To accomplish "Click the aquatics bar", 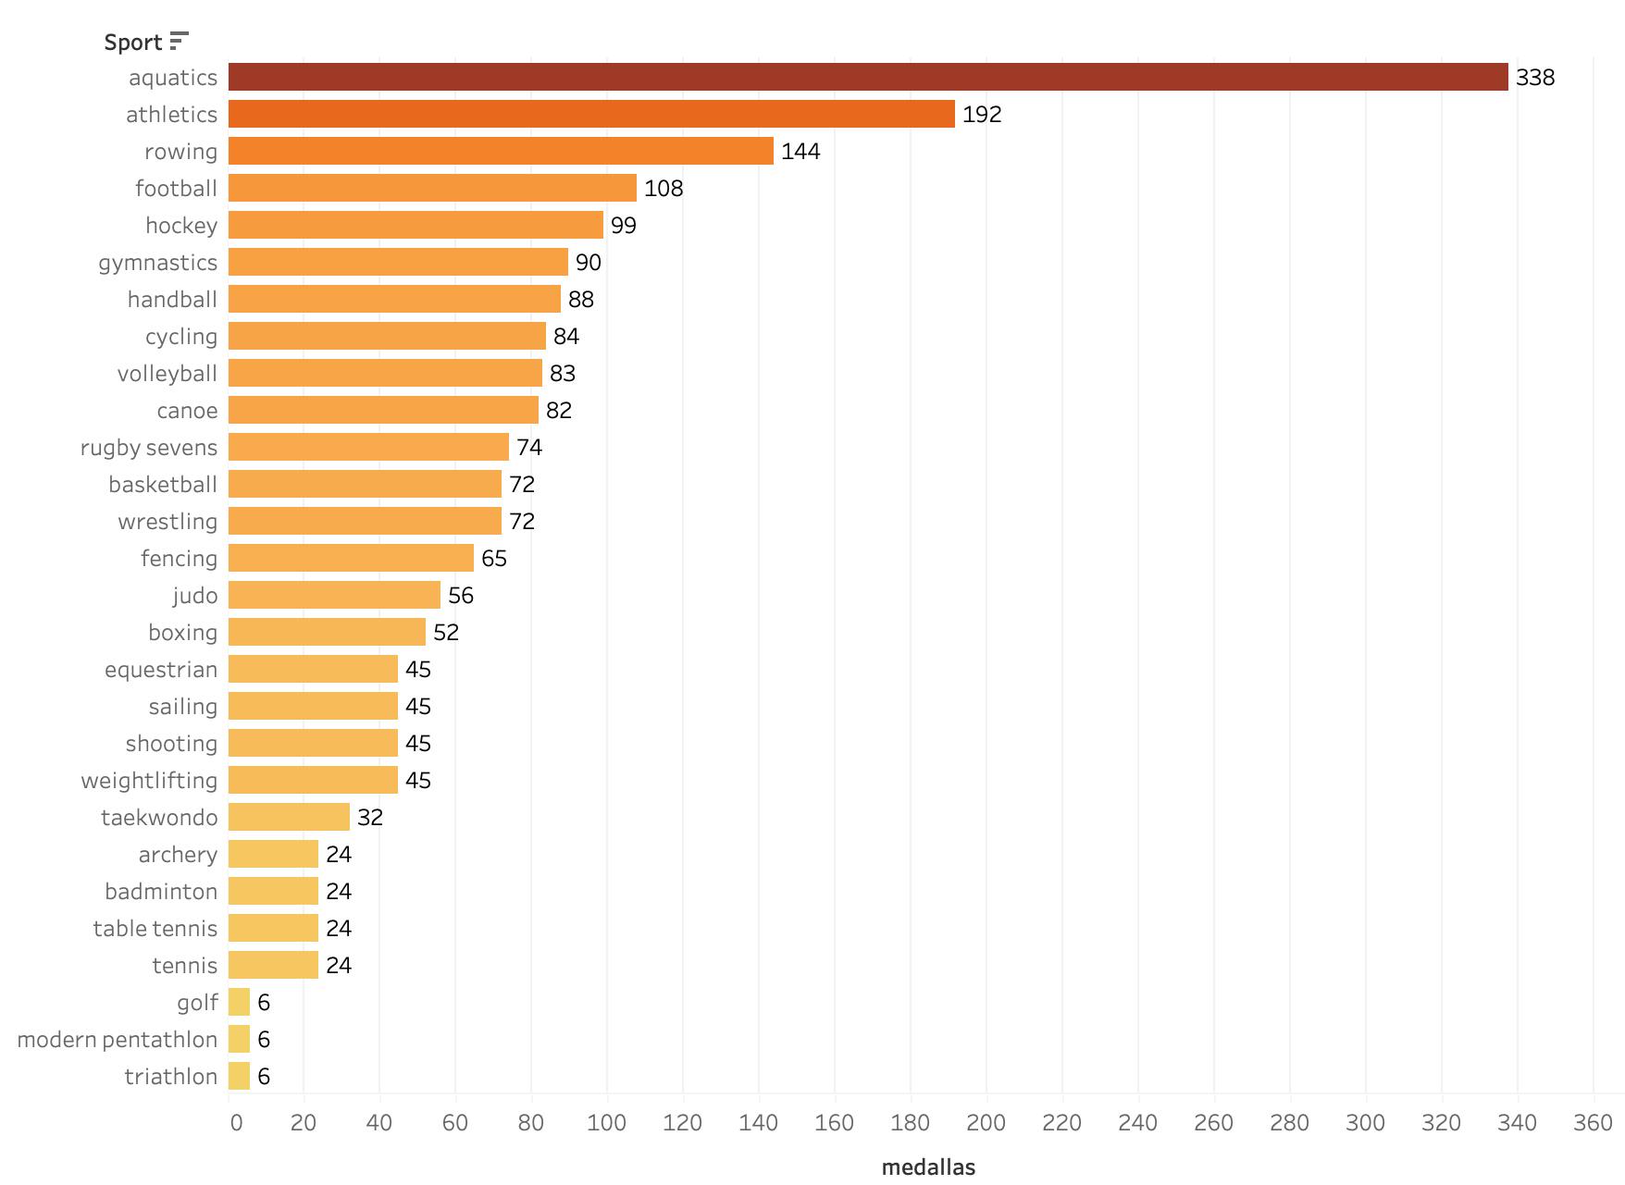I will (x=868, y=77).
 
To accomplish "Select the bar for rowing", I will (x=501, y=151).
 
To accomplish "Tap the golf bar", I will (x=239, y=1002).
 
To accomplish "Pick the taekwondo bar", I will (x=289, y=817).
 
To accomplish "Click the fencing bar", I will (x=351, y=558).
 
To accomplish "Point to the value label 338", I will (x=1534, y=78).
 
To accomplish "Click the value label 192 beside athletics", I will (x=981, y=115).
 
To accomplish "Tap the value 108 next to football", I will (x=663, y=189).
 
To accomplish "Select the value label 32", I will (x=369, y=818).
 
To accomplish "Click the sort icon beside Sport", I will (x=180, y=41).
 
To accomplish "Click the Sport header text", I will (x=133, y=43).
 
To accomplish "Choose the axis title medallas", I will (x=928, y=1167).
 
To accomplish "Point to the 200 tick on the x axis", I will (x=986, y=1123).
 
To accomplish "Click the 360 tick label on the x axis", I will (x=1593, y=1123).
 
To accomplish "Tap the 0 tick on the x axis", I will (x=236, y=1123).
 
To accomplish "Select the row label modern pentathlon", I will (x=118, y=1040).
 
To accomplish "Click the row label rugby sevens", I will (x=149, y=448).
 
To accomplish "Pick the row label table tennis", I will (x=155, y=929).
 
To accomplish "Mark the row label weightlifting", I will (x=149, y=781).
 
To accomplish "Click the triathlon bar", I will (x=239, y=1076).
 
